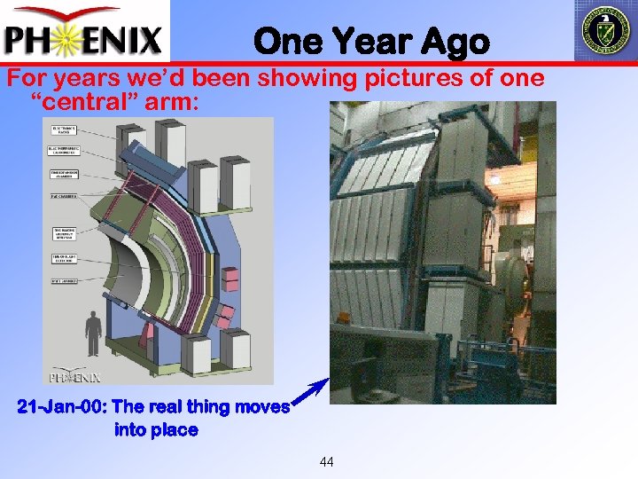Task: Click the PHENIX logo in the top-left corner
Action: pos(84,32)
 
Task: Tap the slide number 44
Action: pos(327,461)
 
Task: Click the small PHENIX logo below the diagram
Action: pos(74,376)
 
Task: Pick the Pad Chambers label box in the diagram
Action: pos(62,196)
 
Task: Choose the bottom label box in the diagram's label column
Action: pos(62,281)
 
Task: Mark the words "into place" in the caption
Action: pos(156,430)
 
